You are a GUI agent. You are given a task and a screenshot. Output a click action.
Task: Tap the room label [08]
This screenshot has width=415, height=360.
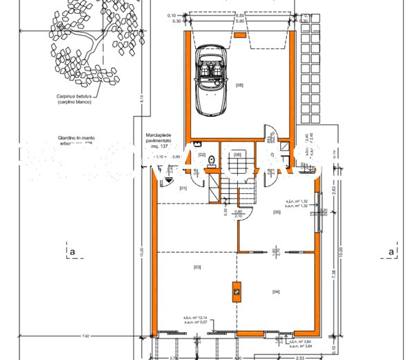240,86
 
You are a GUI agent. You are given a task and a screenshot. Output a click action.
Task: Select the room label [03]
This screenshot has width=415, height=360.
197,267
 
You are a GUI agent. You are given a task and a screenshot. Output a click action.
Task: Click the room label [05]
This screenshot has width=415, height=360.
277,213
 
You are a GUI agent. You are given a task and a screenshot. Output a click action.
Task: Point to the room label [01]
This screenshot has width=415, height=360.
183,188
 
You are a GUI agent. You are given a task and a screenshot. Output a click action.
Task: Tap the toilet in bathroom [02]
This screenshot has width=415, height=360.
213,161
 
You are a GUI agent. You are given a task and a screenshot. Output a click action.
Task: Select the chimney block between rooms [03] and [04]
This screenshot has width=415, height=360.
237,293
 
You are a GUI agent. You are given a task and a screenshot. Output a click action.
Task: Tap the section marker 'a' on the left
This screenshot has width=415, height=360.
71,251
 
